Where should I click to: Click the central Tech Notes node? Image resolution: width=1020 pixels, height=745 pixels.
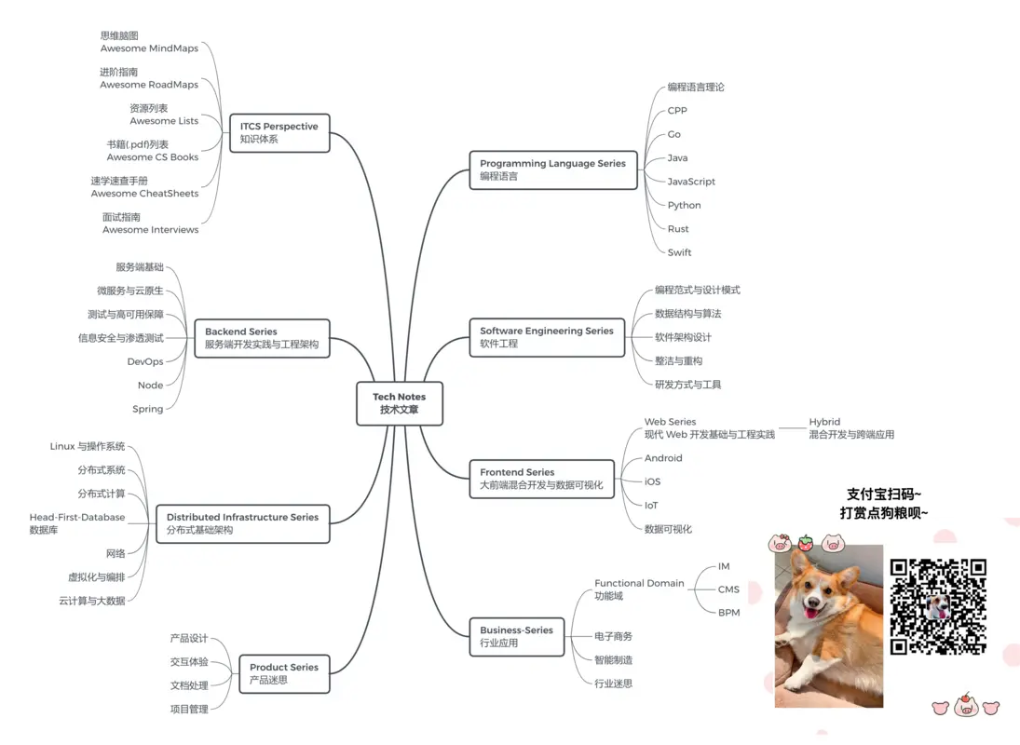tap(400, 404)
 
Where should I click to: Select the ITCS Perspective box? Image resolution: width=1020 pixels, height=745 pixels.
tap(279, 132)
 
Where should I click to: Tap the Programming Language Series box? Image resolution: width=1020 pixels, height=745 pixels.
tap(553, 169)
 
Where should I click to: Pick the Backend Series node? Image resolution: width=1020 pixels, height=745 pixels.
tap(262, 338)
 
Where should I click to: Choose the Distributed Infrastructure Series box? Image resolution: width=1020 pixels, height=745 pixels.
tap(242, 523)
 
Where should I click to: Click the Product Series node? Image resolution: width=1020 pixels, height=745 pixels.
tap(284, 673)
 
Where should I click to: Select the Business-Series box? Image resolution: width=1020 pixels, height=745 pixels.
tap(516, 636)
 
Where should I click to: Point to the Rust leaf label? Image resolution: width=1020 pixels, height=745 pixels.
tap(678, 229)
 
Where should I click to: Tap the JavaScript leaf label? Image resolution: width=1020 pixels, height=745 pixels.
tap(691, 182)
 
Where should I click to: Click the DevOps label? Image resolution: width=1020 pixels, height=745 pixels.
tap(145, 361)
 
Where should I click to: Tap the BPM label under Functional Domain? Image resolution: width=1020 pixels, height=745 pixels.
tap(729, 613)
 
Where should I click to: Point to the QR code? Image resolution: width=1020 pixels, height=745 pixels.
tap(938, 606)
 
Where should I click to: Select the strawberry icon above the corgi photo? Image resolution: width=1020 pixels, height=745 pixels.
tap(806, 543)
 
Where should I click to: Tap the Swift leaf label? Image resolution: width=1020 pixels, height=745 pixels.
tap(679, 252)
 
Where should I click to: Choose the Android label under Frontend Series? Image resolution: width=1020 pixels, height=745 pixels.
tap(663, 457)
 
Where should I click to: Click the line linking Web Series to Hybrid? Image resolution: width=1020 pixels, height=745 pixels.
tap(792, 427)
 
